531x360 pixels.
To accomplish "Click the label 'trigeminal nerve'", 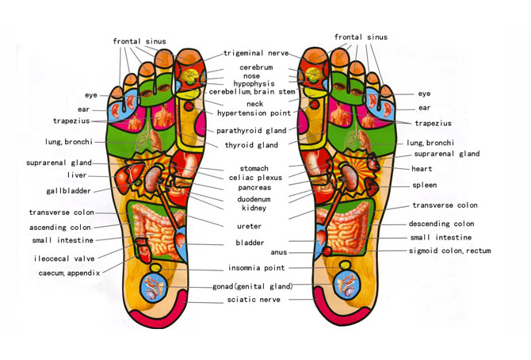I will click(254, 53).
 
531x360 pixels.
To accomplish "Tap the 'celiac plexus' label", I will click(255, 178).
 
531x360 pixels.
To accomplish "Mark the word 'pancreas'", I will click(254, 189).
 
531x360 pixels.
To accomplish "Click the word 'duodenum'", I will click(254, 199).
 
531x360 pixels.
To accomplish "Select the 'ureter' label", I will click(254, 226).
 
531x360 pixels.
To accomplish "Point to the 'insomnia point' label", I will click(256, 268).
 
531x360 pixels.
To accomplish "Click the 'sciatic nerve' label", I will click(254, 300).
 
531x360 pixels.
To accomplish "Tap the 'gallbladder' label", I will click(68, 191).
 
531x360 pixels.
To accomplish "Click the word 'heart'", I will click(422, 169).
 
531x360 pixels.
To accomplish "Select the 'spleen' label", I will click(424, 186).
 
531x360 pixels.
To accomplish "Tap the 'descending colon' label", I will click(441, 224).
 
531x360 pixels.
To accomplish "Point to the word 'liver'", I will click(77, 175).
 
